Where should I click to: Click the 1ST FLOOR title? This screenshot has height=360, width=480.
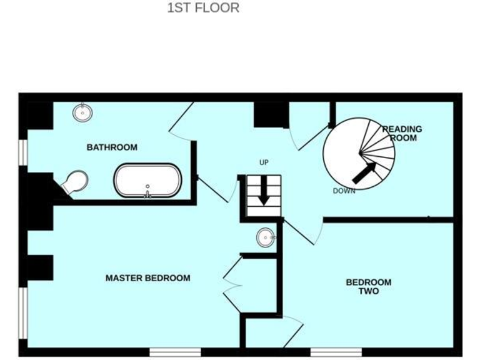tap(203, 8)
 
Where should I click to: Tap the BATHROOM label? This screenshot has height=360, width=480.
tap(112, 147)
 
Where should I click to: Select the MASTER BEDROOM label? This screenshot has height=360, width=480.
tap(147, 278)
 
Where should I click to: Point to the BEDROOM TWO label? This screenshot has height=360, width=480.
tap(369, 286)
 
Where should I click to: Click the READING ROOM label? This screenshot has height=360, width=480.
tap(402, 133)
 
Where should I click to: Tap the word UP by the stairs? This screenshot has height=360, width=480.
tap(264, 163)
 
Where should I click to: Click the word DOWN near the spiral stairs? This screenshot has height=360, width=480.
tap(344, 191)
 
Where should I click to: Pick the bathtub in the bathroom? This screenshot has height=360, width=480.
tap(147, 181)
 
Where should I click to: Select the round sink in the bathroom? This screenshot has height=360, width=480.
tap(82, 112)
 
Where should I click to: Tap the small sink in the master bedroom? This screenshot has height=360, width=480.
tap(266, 237)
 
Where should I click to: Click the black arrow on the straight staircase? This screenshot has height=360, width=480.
tap(264, 191)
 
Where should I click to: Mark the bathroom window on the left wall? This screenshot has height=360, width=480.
tap(23, 152)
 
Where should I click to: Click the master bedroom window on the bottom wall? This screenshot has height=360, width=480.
tap(175, 352)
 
